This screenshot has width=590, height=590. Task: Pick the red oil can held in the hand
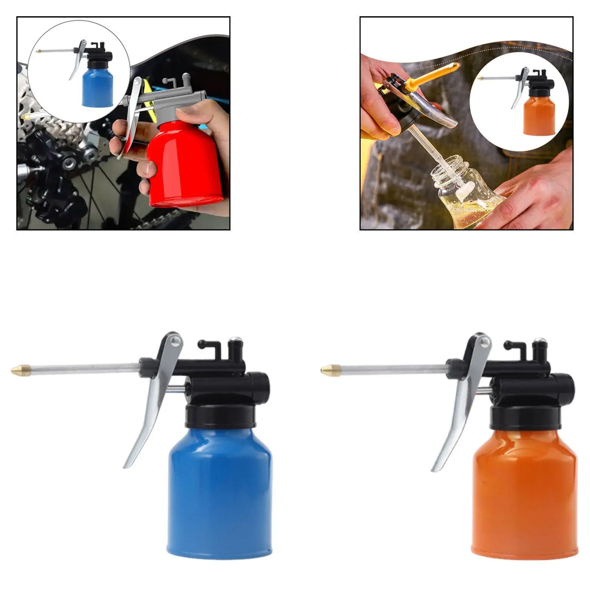(x=184, y=166)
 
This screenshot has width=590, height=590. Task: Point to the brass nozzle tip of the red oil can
(x=26, y=117)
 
